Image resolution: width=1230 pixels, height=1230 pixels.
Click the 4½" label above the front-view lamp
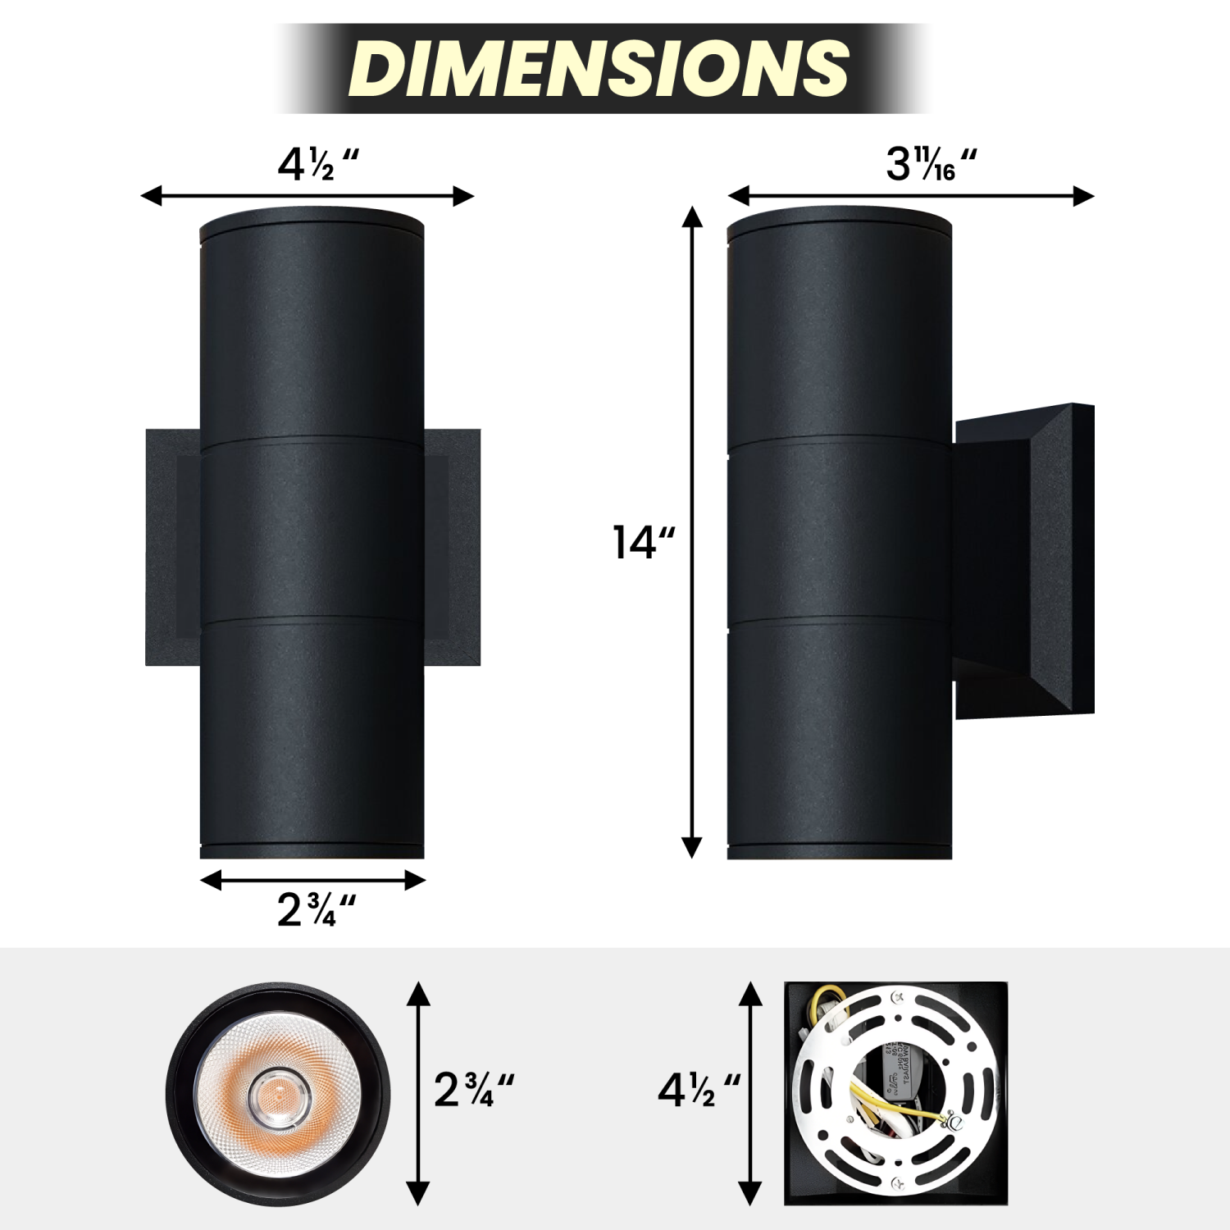click(317, 165)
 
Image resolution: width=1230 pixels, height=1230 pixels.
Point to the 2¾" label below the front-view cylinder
click(316, 910)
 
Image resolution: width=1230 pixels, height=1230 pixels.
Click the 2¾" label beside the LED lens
click(473, 1090)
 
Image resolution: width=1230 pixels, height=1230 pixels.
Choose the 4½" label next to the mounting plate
click(698, 1090)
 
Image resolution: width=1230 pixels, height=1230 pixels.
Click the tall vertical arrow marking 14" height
click(693, 533)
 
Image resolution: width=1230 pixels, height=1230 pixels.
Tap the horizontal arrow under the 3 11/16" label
click(910, 196)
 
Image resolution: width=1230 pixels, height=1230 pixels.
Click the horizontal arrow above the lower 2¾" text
click(312, 880)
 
